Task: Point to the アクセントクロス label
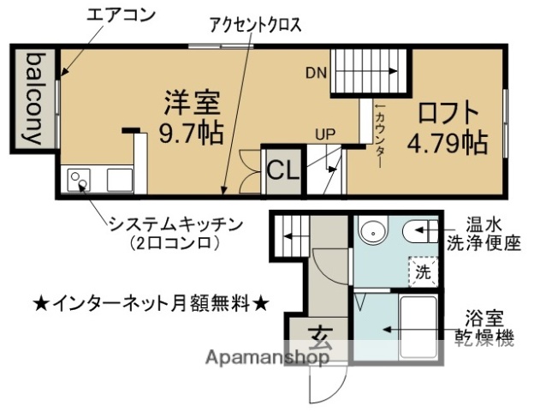click(255, 25)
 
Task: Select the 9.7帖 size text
click(193, 134)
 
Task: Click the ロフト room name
click(447, 112)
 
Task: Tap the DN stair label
click(316, 73)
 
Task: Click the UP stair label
click(324, 134)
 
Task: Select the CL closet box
click(282, 170)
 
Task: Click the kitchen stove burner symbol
click(78, 180)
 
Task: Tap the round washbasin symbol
click(373, 231)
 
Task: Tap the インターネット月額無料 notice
click(151, 302)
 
